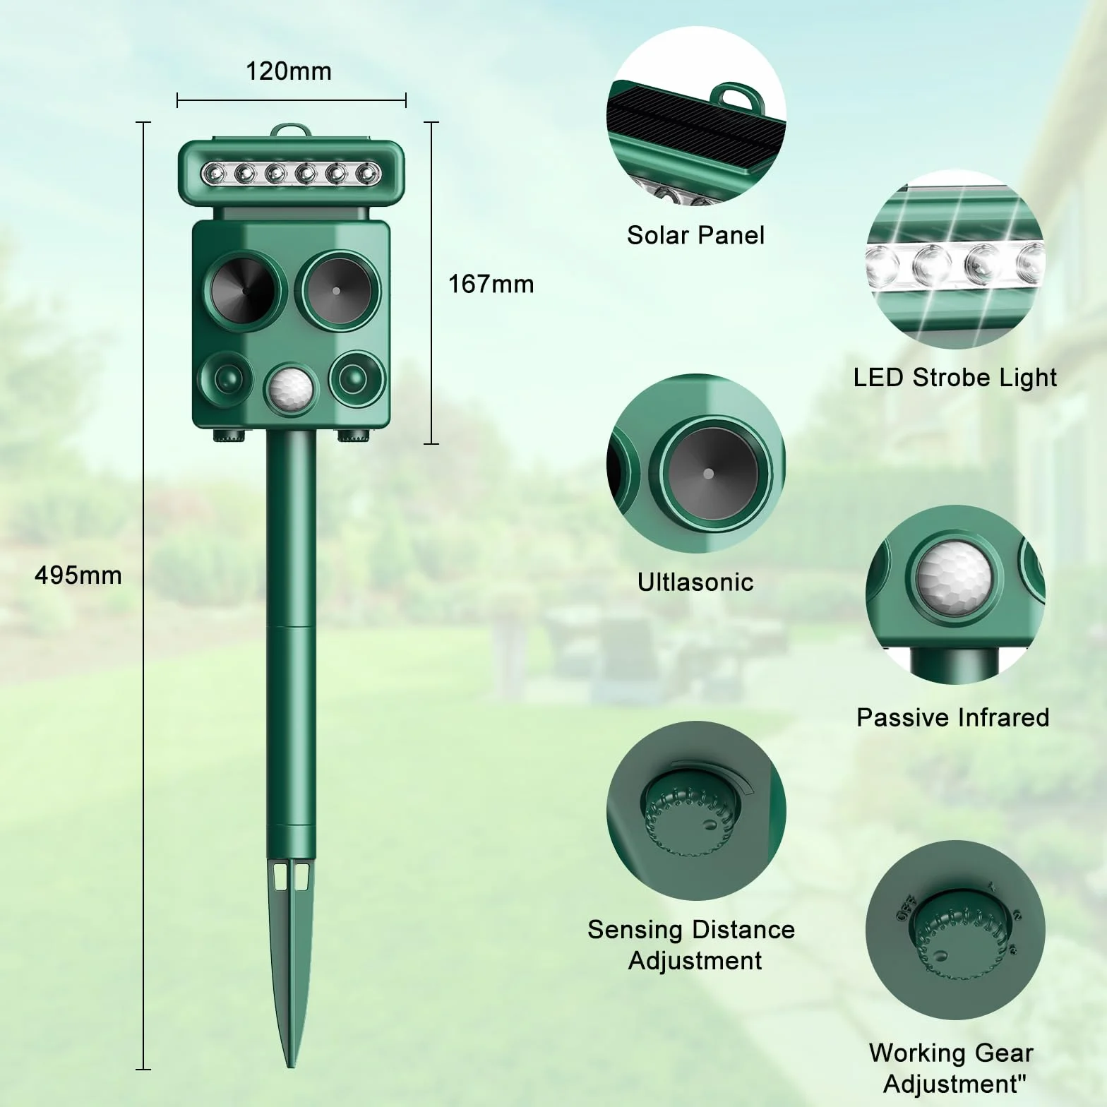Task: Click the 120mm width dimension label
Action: (x=289, y=71)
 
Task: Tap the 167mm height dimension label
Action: (x=491, y=284)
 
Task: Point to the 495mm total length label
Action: (x=78, y=575)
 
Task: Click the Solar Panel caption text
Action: (x=695, y=235)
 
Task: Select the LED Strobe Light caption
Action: (x=955, y=378)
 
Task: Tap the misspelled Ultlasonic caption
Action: (x=695, y=582)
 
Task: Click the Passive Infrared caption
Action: (x=953, y=717)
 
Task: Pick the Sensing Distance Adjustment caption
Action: (x=691, y=945)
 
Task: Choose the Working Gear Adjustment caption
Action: (x=952, y=1067)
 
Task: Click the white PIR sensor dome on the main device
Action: (x=291, y=387)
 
